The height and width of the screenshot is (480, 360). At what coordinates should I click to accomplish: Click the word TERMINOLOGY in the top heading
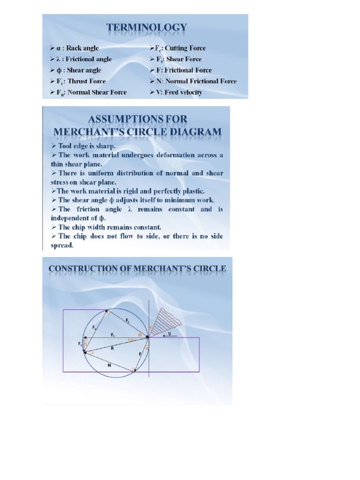(146, 28)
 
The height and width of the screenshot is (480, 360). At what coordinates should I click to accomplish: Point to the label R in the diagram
(112, 348)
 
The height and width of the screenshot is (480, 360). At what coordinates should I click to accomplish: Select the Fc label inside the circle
(113, 335)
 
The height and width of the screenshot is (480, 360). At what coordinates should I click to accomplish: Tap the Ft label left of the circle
(80, 344)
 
